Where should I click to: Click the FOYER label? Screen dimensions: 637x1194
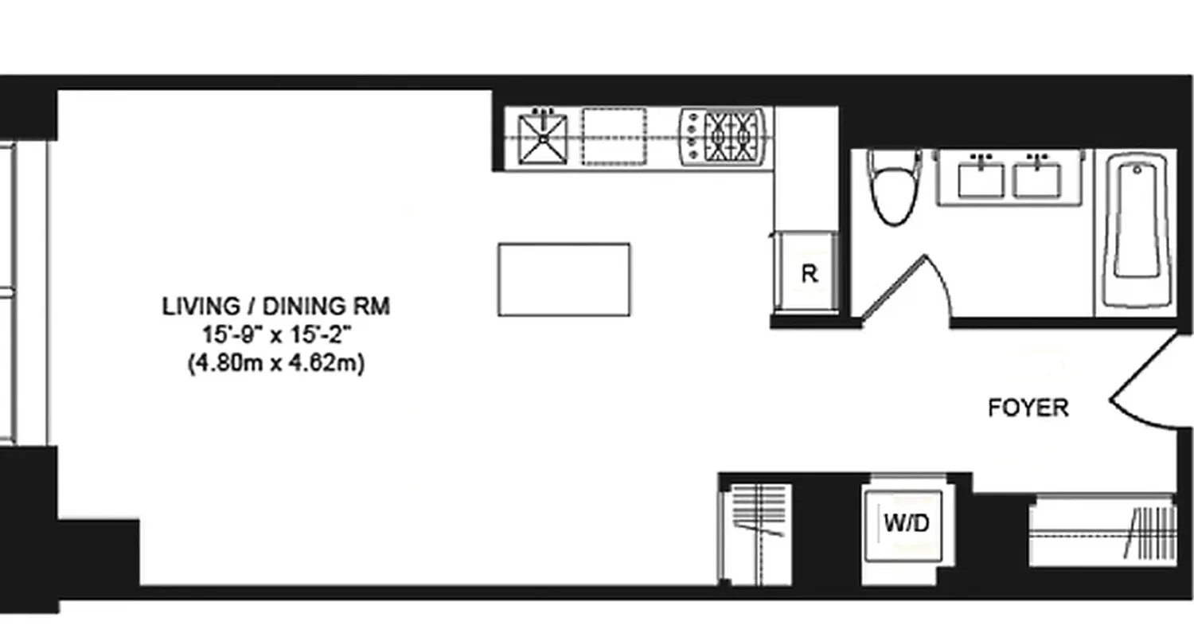1028,408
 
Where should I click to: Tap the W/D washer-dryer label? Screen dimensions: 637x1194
906,523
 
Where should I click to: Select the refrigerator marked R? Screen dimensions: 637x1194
808,273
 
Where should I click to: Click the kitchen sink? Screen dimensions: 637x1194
543,139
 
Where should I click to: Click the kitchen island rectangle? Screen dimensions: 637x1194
564,279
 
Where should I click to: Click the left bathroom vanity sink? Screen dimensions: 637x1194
981,178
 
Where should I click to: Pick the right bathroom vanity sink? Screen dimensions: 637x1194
1036,178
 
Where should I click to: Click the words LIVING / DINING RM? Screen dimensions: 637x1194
276,307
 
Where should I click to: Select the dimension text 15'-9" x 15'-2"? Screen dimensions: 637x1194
276,335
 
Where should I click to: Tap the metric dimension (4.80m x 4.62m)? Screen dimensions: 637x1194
276,364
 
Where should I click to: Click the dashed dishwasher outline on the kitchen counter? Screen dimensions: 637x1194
614,137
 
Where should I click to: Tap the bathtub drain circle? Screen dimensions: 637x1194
1137,170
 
